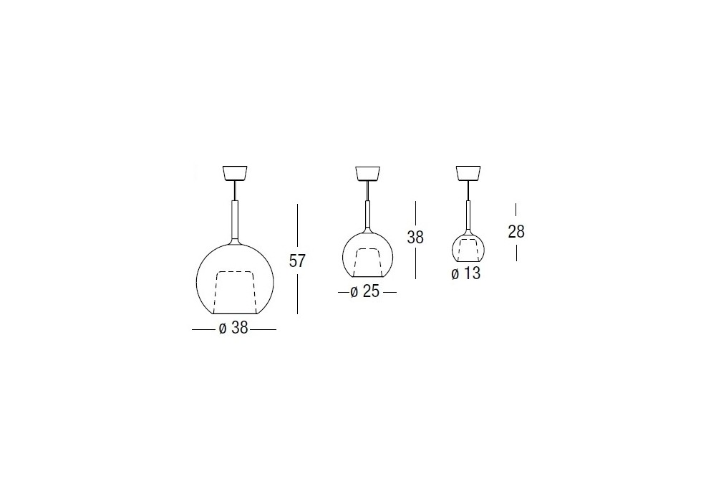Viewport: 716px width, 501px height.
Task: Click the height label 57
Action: pos(297,261)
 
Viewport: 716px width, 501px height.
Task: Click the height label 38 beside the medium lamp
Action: pos(415,238)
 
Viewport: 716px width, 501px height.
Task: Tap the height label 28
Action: pos(516,232)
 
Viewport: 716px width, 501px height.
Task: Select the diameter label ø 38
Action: pos(233,328)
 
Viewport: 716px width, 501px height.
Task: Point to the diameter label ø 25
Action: pos(365,291)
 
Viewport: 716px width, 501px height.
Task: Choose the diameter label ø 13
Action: pos(466,273)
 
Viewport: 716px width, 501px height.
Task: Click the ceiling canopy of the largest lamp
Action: pos(235,173)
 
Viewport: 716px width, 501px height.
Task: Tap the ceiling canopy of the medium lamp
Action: pos(367,173)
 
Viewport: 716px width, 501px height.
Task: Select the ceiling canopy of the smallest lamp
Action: pos(468,173)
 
